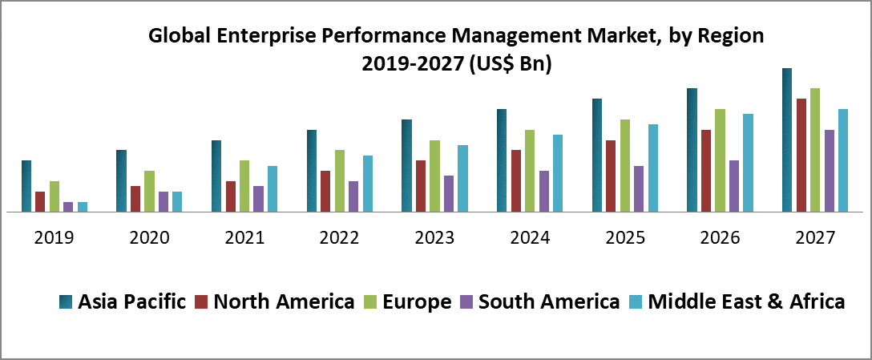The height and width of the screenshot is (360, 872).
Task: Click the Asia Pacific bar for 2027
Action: (787, 140)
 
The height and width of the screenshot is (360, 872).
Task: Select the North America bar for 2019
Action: (40, 202)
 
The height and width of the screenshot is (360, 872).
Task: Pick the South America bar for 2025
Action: (639, 189)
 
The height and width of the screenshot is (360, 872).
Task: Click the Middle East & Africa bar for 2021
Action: (272, 189)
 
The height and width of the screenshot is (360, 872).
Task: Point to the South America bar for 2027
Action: (830, 171)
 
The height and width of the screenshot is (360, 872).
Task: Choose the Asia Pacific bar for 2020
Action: (121, 181)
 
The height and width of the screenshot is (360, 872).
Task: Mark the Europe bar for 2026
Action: (721, 160)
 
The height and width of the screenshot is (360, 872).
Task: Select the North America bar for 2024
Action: (516, 181)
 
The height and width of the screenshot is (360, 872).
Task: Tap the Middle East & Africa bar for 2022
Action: (368, 184)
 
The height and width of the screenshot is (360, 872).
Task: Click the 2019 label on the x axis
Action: (54, 238)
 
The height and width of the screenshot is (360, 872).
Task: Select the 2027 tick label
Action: (815, 238)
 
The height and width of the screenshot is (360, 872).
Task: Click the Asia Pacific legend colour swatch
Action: (67, 302)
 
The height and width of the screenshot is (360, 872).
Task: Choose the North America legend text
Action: (285, 301)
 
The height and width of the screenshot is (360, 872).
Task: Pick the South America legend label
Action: (549, 301)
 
